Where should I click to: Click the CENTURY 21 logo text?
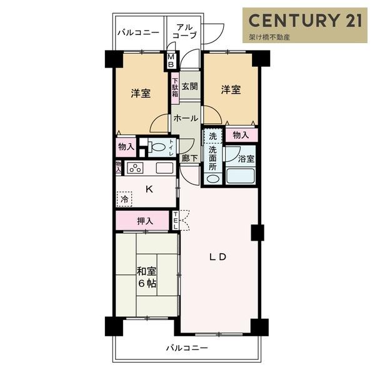(305, 20)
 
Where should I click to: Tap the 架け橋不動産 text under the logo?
(269, 37)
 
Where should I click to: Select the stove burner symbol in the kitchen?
(135, 168)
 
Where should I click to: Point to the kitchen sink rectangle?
(164, 168)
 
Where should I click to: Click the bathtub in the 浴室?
(241, 176)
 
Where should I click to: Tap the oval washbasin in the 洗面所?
(212, 179)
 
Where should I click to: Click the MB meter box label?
(171, 61)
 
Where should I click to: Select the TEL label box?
(175, 220)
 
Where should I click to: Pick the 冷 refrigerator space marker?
(124, 199)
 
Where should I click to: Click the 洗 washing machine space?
(212, 136)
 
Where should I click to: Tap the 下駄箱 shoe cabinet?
(175, 87)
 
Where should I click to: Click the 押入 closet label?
(145, 221)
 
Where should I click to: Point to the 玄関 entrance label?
(189, 86)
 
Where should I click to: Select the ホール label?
(186, 118)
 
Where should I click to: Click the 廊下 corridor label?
(189, 158)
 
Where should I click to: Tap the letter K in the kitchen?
(149, 189)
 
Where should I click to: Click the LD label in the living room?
(218, 257)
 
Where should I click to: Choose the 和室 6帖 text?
(146, 277)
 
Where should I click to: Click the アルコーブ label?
(184, 31)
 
